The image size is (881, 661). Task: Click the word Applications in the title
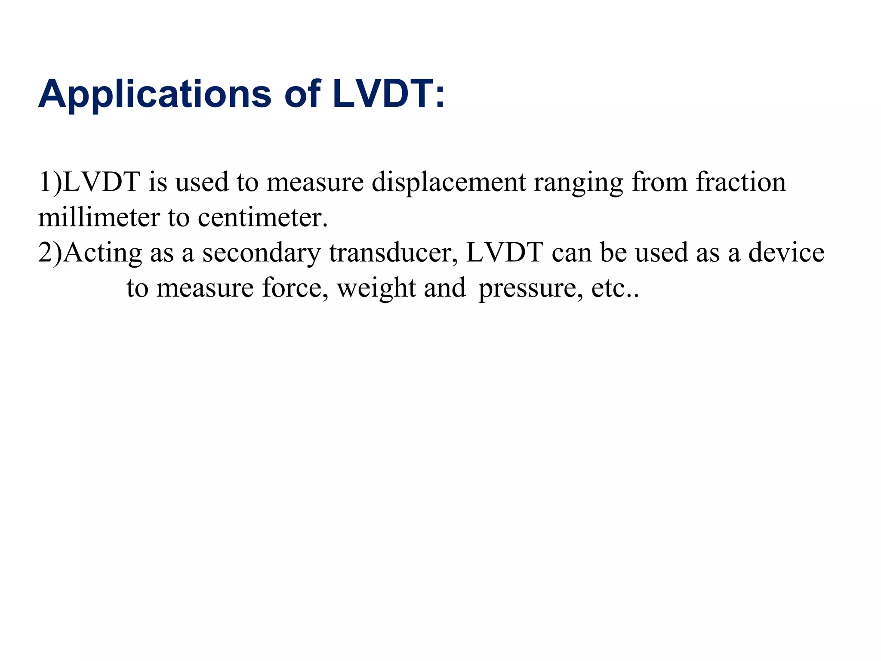[x=155, y=95]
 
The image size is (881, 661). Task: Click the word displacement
[x=448, y=182]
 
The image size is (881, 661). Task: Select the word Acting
[x=103, y=253]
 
